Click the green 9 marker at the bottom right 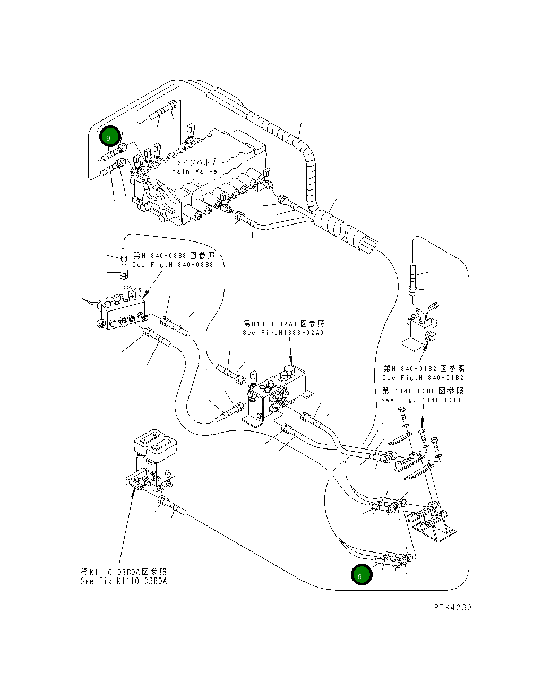pyautogui.click(x=361, y=575)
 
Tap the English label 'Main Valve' pyautogui.click(x=194, y=171)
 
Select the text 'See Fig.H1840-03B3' pyautogui.click(x=173, y=264)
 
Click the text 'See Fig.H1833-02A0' pyautogui.click(x=283, y=333)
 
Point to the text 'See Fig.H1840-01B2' pyautogui.click(x=423, y=378)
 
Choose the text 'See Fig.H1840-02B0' pyautogui.click(x=421, y=400)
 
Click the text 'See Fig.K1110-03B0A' pyautogui.click(x=124, y=581)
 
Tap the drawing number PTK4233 pyautogui.click(x=452, y=607)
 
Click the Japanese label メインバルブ pyautogui.click(x=196, y=162)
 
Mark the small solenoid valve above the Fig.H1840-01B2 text pyautogui.click(x=421, y=329)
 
